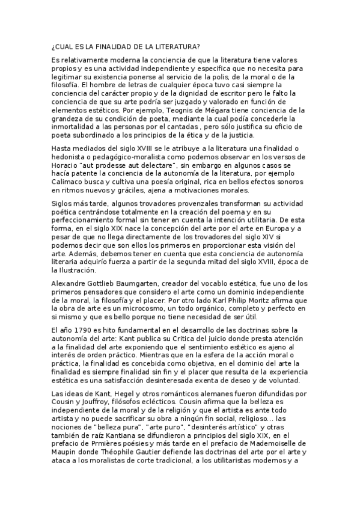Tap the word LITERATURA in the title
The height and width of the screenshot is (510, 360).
click(x=175, y=46)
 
